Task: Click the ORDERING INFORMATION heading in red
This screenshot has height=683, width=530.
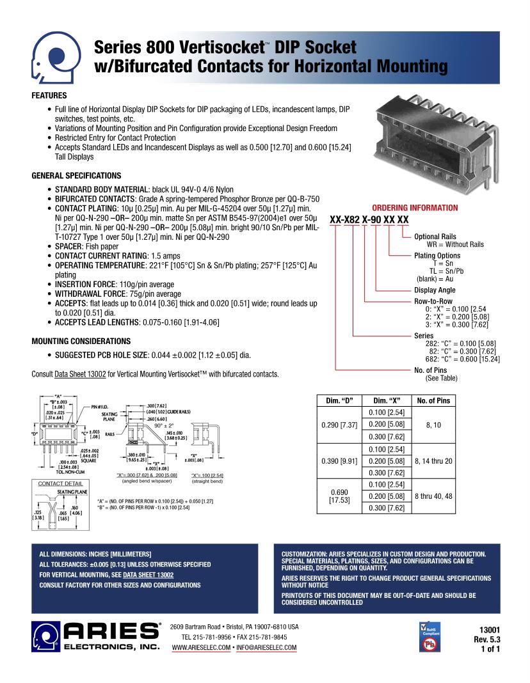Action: pyautogui.click(x=415, y=208)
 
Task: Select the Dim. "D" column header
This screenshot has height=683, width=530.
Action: pyautogui.click(x=339, y=401)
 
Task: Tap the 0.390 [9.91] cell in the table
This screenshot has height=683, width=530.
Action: pyautogui.click(x=339, y=460)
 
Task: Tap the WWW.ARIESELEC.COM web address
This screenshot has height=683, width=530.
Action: pyautogui.click(x=201, y=648)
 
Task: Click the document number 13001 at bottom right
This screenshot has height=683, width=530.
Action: pyautogui.click(x=489, y=629)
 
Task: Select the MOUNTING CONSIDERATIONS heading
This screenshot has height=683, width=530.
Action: pyautogui.click(x=81, y=341)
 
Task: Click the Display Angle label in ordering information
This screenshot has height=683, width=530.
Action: pyautogui.click(x=435, y=290)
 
